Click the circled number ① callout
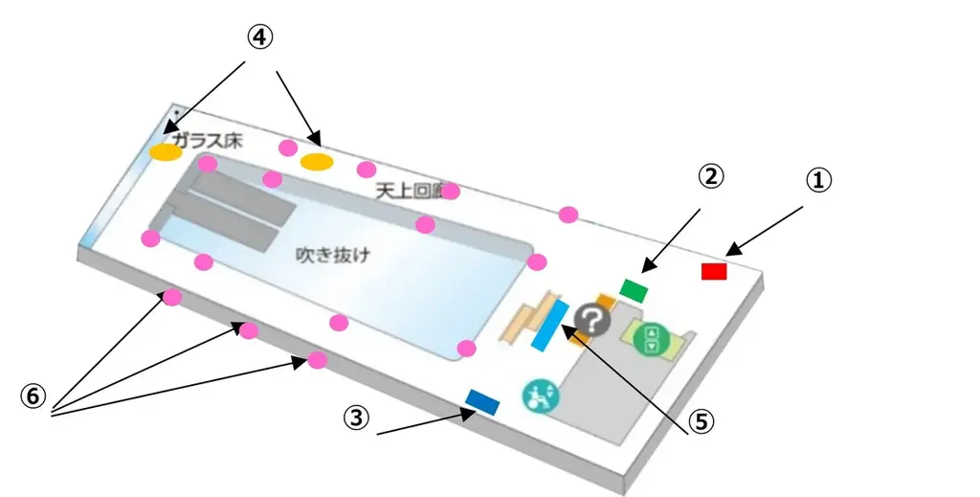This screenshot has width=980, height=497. point(818,180)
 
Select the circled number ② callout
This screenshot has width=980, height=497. point(710,176)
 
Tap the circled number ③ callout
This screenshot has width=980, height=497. point(356,418)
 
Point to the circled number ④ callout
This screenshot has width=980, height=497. point(259,37)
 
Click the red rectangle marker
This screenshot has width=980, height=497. point(714,271)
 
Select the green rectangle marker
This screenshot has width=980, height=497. point(635,288)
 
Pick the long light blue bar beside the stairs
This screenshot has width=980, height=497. point(550,326)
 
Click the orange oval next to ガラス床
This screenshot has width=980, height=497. point(166,151)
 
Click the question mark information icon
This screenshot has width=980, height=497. point(591,321)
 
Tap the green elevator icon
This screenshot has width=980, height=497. point(652,338)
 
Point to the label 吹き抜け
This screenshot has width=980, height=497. point(332,256)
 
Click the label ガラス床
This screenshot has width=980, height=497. point(208,140)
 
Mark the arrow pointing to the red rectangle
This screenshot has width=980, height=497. point(766,231)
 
